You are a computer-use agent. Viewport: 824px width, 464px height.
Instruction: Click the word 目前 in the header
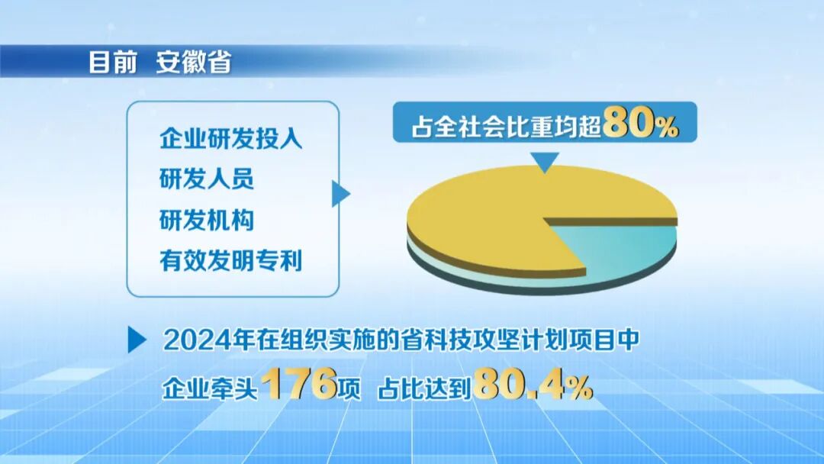click(x=112, y=62)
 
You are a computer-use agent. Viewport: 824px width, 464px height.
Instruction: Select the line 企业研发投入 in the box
click(x=231, y=140)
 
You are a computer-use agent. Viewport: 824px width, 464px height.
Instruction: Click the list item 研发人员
click(x=206, y=181)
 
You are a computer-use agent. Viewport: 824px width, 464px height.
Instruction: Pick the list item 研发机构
click(x=206, y=221)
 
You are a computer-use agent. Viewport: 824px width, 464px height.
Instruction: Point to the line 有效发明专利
click(x=231, y=262)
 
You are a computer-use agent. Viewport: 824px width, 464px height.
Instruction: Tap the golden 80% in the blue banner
click(x=639, y=124)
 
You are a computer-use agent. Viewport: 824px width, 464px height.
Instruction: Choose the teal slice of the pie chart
click(x=626, y=248)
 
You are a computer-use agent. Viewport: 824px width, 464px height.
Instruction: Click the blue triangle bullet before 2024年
click(x=137, y=340)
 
